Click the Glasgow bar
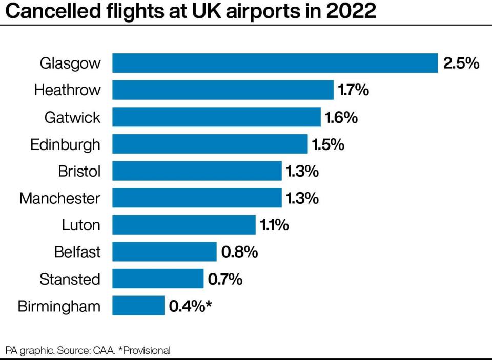(275, 63)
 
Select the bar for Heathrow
(223, 90)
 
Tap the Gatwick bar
(216, 117)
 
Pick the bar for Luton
(183, 225)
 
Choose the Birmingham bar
(138, 306)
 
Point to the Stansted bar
(158, 279)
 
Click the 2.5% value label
(461, 63)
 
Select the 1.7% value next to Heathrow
(353, 91)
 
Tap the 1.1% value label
(274, 225)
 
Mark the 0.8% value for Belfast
(239, 252)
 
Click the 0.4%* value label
(190, 307)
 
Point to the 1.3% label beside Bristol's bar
(302, 172)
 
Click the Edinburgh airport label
(66, 144)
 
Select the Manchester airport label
(60, 198)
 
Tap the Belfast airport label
(77, 252)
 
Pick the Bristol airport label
(79, 171)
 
